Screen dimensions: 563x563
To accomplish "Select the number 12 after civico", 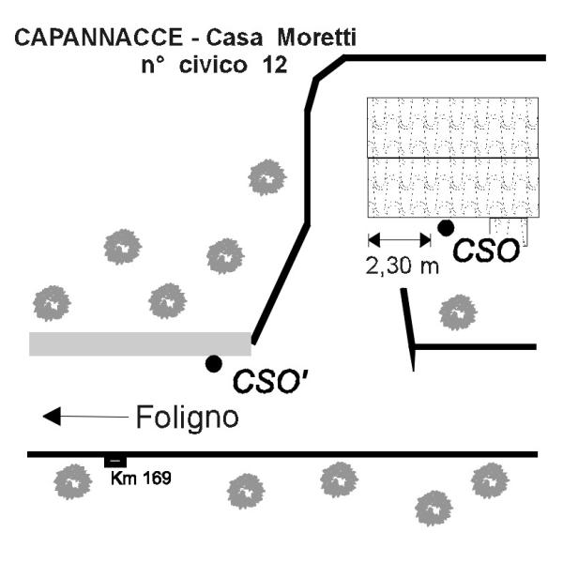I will pyautogui.click(x=273, y=67).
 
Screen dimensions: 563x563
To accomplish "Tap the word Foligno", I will pyautogui.click(x=188, y=416).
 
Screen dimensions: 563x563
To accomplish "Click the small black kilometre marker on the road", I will pyautogui.click(x=114, y=461).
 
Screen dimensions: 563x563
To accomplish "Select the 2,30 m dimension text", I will pyautogui.click(x=402, y=266).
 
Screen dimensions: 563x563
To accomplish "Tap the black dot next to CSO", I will pyautogui.click(x=447, y=226).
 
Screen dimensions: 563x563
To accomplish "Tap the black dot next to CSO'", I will pyautogui.click(x=214, y=363).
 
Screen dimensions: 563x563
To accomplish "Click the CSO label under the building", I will pyautogui.click(x=485, y=251).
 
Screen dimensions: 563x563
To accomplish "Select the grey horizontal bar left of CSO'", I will pyautogui.click(x=140, y=343).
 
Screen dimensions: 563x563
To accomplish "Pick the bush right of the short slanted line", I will pyautogui.click(x=458, y=311).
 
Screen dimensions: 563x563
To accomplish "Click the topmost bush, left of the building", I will pyautogui.click(x=266, y=176).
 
